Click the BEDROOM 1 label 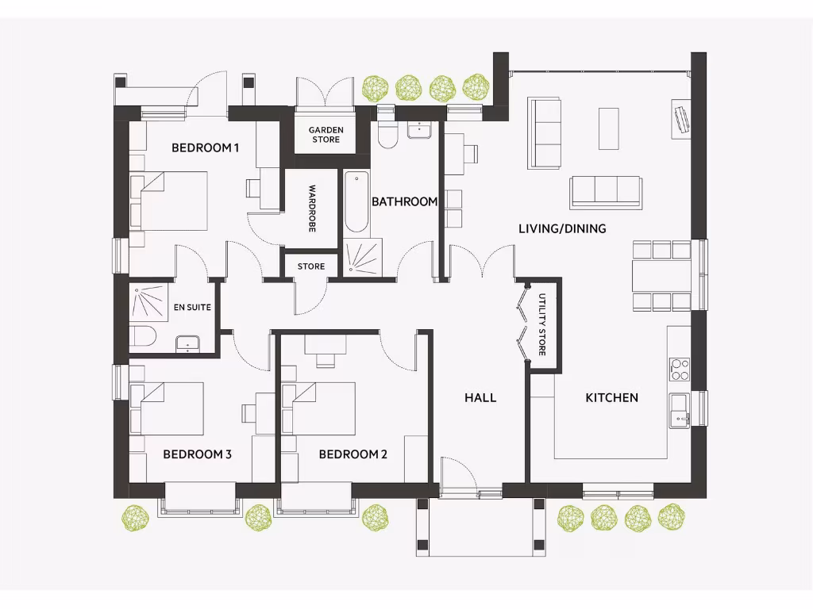[x=206, y=148]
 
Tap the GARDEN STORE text [x=326, y=135]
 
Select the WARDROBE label [x=312, y=209]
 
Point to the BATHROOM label [x=405, y=202]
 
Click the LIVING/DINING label [x=562, y=229]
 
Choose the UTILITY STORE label [x=542, y=324]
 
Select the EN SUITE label [x=192, y=308]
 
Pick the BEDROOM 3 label [x=197, y=454]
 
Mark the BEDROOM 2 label [x=353, y=454]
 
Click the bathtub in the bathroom [x=356, y=203]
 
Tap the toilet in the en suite [x=143, y=336]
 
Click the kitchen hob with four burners [x=680, y=369]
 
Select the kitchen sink [x=679, y=409]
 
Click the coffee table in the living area [x=608, y=128]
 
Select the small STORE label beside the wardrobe [x=311, y=266]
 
